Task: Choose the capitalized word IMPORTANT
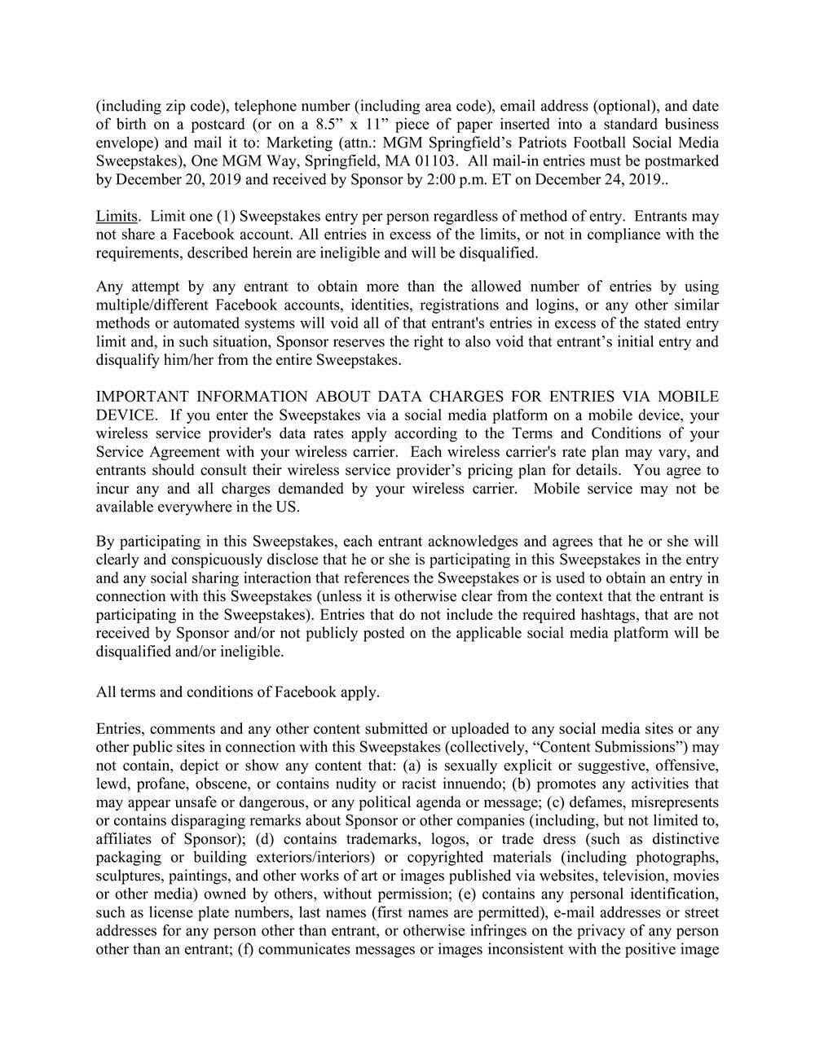pyautogui.click(x=136, y=397)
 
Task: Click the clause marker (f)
pyautogui.click(x=245, y=949)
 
